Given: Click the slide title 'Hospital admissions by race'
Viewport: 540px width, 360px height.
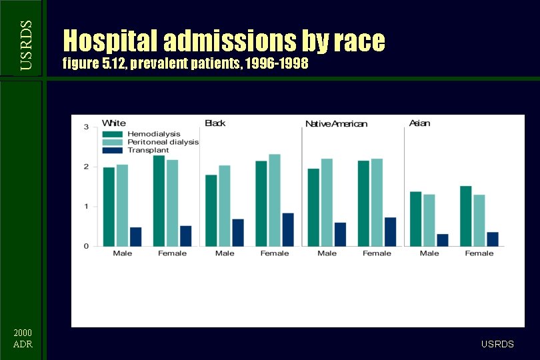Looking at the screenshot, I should pos(223,41).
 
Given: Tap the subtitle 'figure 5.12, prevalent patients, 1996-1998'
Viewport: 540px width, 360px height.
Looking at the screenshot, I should pos(185,65).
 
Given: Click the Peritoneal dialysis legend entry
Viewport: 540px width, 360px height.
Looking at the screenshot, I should pos(151,142).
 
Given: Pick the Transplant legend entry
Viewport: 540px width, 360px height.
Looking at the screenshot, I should pos(136,150).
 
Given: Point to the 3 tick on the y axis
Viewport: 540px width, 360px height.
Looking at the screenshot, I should pos(86,127).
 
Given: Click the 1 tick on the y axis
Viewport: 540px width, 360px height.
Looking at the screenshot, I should pos(86,207).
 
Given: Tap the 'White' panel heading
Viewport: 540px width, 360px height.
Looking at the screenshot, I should pos(113,123).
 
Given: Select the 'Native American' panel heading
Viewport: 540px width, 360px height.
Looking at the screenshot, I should pos(336,124).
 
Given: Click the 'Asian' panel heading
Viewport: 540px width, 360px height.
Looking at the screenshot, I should pos(419,123).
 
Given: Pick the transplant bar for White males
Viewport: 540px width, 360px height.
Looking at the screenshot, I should pos(135,237).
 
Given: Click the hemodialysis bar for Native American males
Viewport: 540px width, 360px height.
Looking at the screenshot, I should pos(313,207).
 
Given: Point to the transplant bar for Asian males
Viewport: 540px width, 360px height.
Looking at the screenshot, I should pos(443,240).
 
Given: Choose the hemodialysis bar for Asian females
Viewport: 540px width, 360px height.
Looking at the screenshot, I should pos(466,216).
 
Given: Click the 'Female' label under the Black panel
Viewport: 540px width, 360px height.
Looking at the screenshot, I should pos(275,253).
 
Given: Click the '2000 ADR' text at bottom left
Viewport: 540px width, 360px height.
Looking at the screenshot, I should pos(23,339).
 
